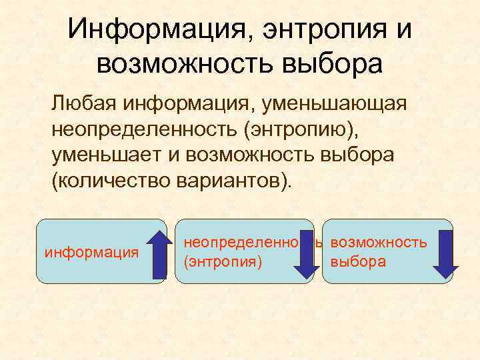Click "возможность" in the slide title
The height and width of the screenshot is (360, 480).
179,65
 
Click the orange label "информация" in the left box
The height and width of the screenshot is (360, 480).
91,253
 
